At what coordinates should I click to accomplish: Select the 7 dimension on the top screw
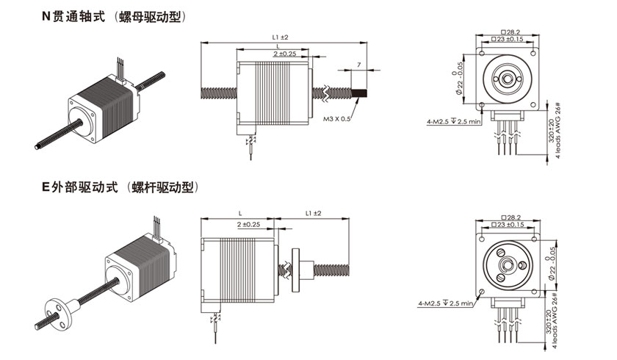click(358, 65)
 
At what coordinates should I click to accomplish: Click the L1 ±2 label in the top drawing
click(279, 36)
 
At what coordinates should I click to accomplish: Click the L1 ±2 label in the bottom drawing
click(313, 213)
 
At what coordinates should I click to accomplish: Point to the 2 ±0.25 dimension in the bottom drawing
click(250, 224)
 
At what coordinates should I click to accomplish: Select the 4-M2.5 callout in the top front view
click(446, 121)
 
